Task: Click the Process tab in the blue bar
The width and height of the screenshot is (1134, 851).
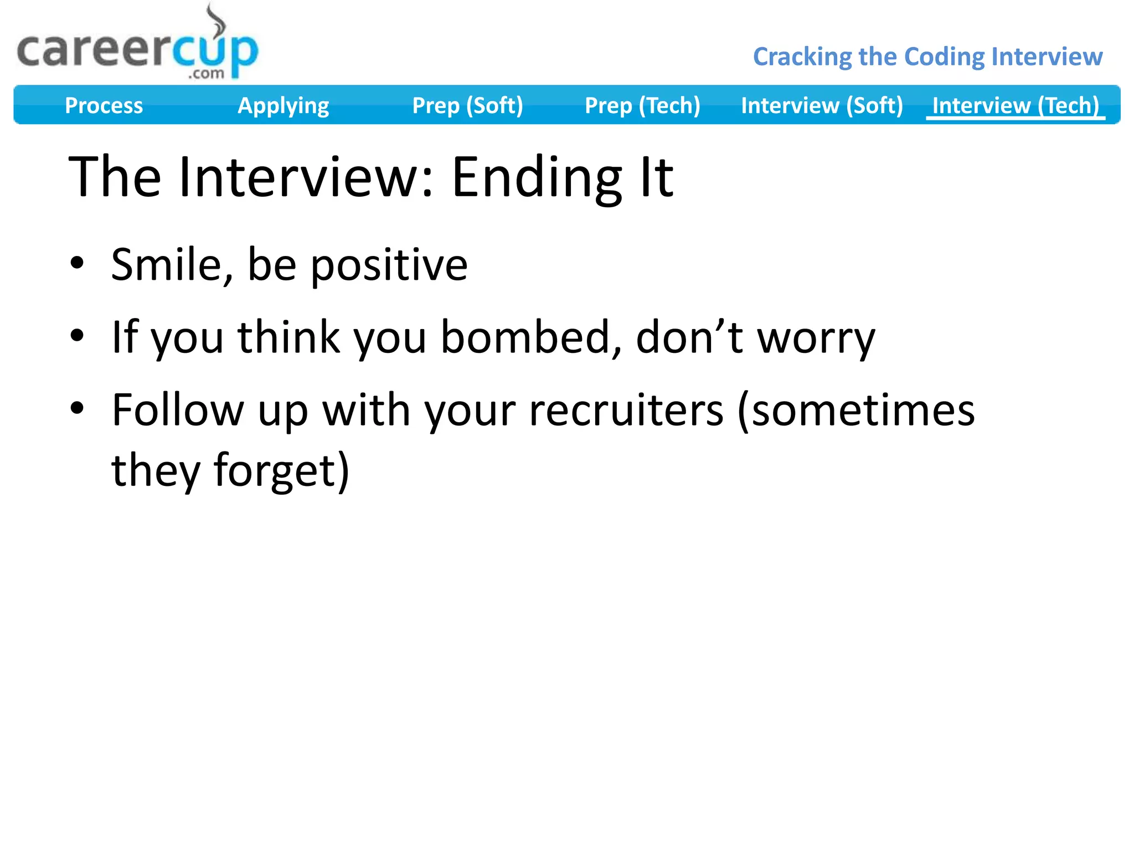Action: [x=104, y=105]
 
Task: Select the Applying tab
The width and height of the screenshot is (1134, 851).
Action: [x=283, y=105]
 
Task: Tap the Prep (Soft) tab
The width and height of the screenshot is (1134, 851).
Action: [x=467, y=105]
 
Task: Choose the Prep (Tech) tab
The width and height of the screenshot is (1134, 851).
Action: [x=642, y=105]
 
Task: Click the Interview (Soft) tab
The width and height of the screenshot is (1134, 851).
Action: [x=822, y=105]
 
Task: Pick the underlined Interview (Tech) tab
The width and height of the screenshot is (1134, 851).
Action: [x=1015, y=105]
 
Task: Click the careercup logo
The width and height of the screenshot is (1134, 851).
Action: [x=137, y=51]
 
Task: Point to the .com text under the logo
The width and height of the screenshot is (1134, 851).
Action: [x=206, y=74]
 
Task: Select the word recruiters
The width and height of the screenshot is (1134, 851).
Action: [x=626, y=411]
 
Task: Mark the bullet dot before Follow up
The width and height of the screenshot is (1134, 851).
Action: [x=77, y=408]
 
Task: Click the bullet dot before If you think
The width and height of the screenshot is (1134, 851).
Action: [x=77, y=335]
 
